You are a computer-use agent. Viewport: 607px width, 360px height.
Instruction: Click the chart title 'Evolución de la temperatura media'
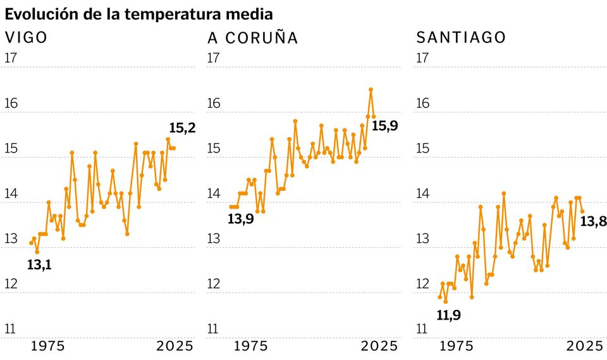click(139, 13)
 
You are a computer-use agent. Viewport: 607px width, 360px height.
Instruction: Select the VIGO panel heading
click(26, 37)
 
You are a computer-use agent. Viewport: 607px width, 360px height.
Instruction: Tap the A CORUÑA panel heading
click(252, 38)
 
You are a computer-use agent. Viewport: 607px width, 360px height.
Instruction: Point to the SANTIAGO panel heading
click(461, 37)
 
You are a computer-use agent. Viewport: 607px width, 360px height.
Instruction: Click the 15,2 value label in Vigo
click(183, 128)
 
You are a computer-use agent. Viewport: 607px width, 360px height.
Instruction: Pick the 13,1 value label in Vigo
click(39, 265)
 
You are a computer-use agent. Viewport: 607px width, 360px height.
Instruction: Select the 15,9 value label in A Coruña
click(384, 125)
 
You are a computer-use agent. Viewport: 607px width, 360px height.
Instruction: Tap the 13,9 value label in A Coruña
click(240, 220)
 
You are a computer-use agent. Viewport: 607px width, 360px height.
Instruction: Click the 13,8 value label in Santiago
click(594, 221)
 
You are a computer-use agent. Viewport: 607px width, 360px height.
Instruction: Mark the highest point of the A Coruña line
click(371, 89)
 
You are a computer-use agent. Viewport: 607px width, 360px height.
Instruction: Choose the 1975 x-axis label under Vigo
click(48, 346)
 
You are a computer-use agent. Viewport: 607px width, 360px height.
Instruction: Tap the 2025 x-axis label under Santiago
click(584, 346)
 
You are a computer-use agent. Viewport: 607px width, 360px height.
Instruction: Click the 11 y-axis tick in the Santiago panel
click(422, 329)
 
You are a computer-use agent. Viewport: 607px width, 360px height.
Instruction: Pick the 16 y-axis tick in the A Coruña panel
click(214, 103)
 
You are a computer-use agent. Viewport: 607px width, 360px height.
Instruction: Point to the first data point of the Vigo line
click(31, 243)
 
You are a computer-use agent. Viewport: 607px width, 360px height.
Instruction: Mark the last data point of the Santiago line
click(582, 211)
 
